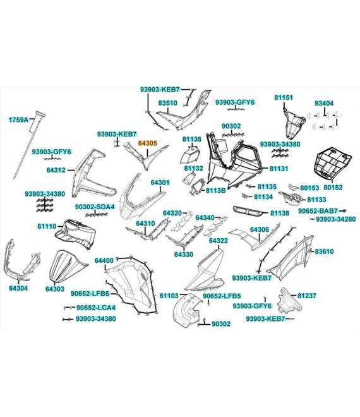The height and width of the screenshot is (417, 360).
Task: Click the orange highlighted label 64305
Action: tap(148, 143)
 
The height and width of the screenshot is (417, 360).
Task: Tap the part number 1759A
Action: tap(18, 119)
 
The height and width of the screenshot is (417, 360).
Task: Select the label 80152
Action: tap(333, 187)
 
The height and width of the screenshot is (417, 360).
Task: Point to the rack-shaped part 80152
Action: tap(333, 163)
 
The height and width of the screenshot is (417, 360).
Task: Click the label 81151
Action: tap(284, 97)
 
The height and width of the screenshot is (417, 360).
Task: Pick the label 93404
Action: tap(324, 103)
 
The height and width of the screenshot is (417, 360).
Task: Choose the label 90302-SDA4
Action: tap(95, 207)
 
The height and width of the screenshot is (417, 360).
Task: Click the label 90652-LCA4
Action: tap(96, 308)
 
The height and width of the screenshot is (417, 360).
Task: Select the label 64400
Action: tap(104, 260)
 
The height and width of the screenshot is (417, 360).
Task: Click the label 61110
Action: tap(47, 226)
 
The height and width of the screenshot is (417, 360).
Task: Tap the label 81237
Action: tap(307, 296)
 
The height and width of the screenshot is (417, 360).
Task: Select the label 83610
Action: tap(324, 251)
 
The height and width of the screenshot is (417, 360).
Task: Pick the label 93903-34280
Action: tap(335, 219)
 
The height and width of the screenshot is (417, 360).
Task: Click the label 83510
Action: tap(168, 103)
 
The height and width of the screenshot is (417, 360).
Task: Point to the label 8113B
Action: tap(215, 190)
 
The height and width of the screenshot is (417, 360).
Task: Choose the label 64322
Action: tap(219, 241)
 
